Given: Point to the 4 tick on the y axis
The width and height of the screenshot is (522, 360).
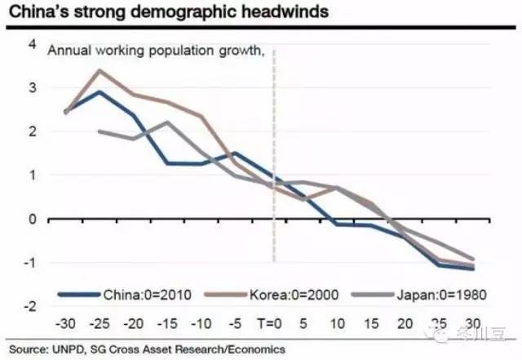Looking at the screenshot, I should pos(32,43).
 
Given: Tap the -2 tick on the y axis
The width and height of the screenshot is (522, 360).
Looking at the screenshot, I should pos(30,306).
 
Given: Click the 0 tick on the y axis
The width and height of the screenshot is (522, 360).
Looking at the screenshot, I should pos(32,219).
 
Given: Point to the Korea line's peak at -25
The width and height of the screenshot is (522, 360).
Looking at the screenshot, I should pos(99,70).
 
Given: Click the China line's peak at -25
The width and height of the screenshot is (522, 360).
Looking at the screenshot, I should pos(99,91).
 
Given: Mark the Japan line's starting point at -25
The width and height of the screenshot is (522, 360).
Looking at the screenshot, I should pos(99,131).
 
